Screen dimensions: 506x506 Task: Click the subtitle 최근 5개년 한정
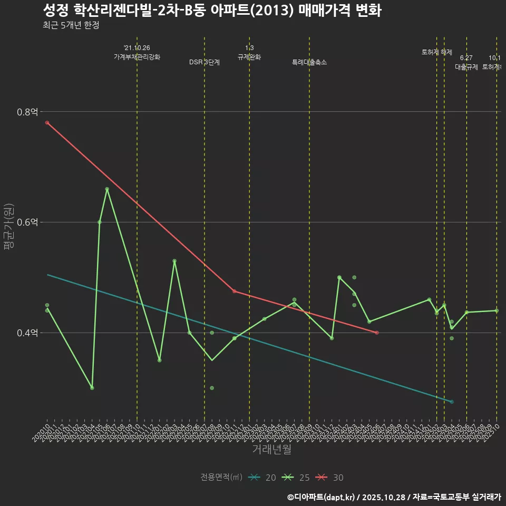[x=71, y=25]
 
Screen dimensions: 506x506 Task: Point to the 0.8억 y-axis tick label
[x=27, y=112]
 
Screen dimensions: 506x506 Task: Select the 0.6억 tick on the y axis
[x=27, y=222]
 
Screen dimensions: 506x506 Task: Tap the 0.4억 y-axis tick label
[x=27, y=333]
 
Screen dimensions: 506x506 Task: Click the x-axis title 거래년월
[x=271, y=449]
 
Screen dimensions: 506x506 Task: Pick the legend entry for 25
[x=296, y=478]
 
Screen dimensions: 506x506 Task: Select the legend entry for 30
[x=330, y=478]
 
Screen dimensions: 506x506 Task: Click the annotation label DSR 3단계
[x=205, y=62]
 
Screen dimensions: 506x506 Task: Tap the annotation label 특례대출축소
[x=309, y=62]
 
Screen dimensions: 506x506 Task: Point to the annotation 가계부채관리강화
[x=137, y=57]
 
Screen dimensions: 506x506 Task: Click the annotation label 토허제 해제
[x=436, y=52]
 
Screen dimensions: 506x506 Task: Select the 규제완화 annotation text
[x=249, y=57]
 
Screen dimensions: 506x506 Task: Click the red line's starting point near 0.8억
[x=47, y=123]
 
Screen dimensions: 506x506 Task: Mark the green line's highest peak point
[x=107, y=189]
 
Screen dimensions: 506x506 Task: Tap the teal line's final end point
[x=452, y=402]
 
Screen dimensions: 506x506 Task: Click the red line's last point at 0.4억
[x=376, y=333]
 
